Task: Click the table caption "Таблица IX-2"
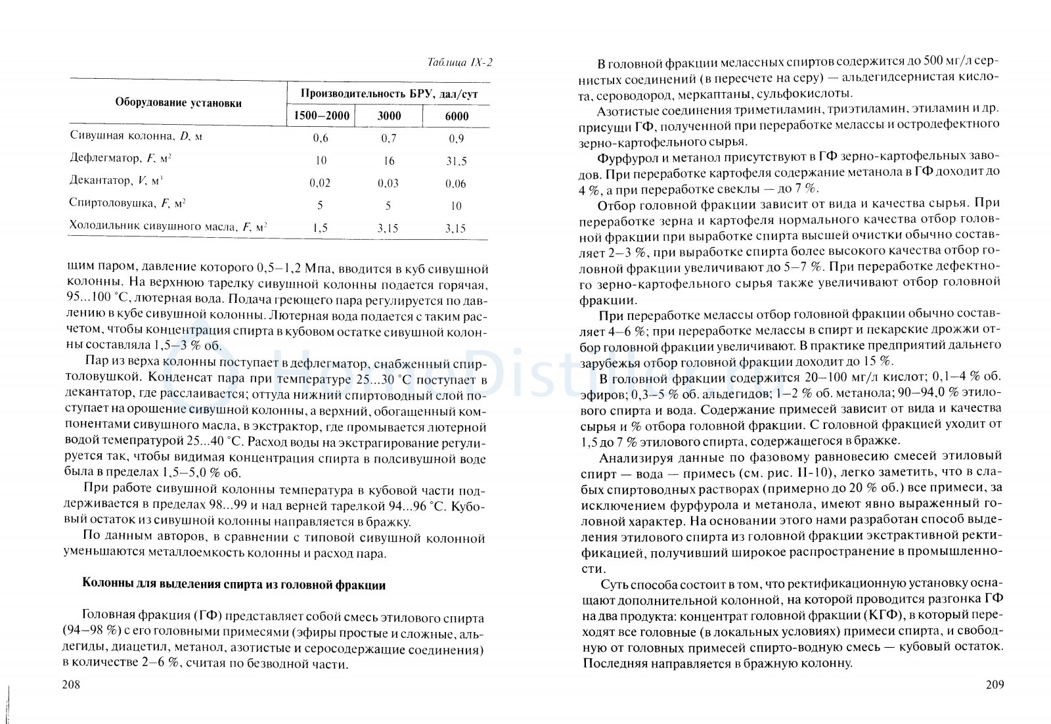pyautogui.click(x=459, y=63)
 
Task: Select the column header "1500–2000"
pyautogui.click(x=321, y=116)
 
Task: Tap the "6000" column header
pyautogui.click(x=456, y=116)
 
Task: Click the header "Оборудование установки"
pyautogui.click(x=178, y=103)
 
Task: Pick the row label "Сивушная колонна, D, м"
pyautogui.click(x=136, y=136)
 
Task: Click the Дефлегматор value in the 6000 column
pyautogui.click(x=455, y=161)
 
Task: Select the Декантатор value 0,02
pyautogui.click(x=320, y=183)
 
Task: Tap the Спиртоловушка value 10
pyautogui.click(x=456, y=206)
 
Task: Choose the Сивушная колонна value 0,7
pyautogui.click(x=388, y=138)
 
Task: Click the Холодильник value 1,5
pyautogui.click(x=320, y=228)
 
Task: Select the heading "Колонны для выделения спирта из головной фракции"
pyautogui.click(x=233, y=585)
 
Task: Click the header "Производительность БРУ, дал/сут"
pyautogui.click(x=389, y=94)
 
